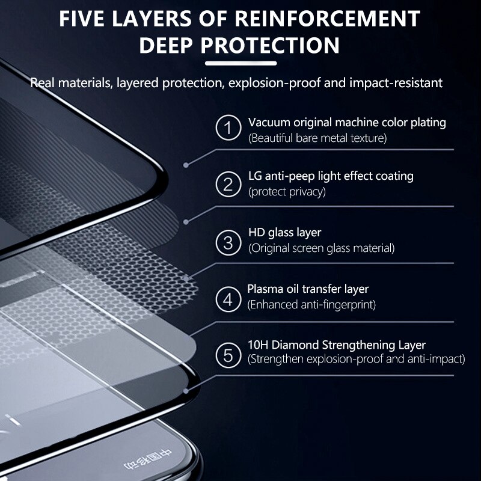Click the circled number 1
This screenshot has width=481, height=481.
(x=228, y=129)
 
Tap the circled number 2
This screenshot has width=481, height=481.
(x=228, y=183)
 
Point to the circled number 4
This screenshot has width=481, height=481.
(x=228, y=298)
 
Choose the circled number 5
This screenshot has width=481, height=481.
(x=228, y=355)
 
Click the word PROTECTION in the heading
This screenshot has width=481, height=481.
(x=271, y=45)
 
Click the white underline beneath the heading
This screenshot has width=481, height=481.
(x=240, y=62)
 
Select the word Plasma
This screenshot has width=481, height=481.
(x=265, y=289)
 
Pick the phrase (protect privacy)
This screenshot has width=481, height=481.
(x=287, y=192)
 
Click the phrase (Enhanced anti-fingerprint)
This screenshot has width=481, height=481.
(x=311, y=305)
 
